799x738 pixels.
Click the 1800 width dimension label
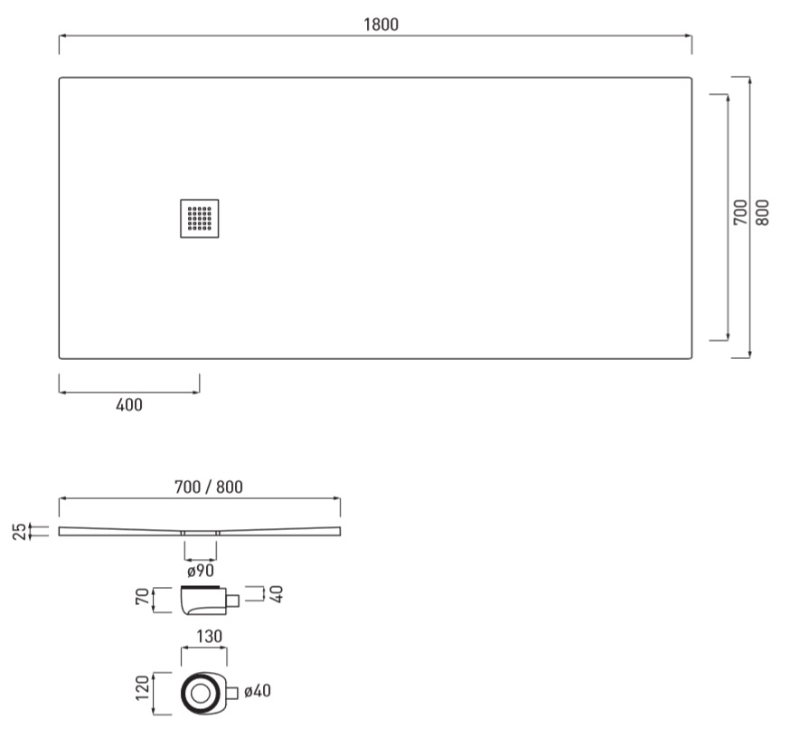pyautogui.click(x=381, y=24)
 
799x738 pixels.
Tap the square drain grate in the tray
pyautogui.click(x=200, y=218)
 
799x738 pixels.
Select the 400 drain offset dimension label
pyautogui.click(x=129, y=405)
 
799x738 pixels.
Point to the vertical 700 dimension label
pyautogui.click(x=740, y=213)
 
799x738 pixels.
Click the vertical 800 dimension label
pyautogui.click(x=762, y=213)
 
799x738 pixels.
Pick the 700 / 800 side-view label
pyautogui.click(x=209, y=487)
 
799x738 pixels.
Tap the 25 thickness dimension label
pyautogui.click(x=19, y=532)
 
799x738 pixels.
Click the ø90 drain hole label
pyautogui.click(x=201, y=571)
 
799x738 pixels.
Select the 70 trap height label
pyautogui.click(x=143, y=597)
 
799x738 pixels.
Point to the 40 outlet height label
pyautogui.click(x=277, y=594)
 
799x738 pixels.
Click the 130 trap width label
pyautogui.click(x=209, y=637)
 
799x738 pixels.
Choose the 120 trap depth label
pyautogui.click(x=143, y=687)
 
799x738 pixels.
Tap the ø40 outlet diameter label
pyautogui.click(x=258, y=691)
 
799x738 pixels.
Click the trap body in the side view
pyautogui.click(x=203, y=601)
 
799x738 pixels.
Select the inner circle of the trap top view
pyautogui.click(x=200, y=693)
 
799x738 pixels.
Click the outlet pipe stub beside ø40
pyautogui.click(x=232, y=694)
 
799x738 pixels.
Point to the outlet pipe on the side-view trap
pyautogui.click(x=233, y=601)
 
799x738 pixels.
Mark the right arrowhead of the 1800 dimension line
pyautogui.click(x=689, y=35)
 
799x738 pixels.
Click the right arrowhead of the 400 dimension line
pyautogui.click(x=196, y=393)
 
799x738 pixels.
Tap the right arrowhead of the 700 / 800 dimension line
pyautogui.click(x=337, y=498)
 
